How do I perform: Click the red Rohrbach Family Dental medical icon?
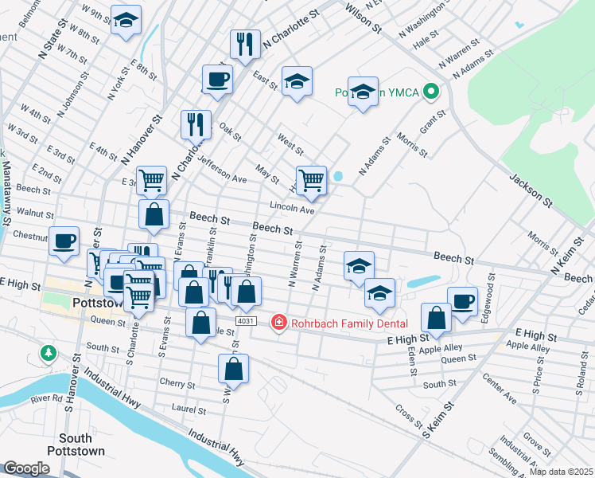pyautogui.click(x=278, y=323)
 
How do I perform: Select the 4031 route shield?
pyautogui.click(x=246, y=320)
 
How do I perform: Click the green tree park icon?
pyautogui.click(x=49, y=352)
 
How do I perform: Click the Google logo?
pyautogui.click(x=26, y=468)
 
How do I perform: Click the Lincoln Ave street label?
pyautogui.click(x=292, y=210)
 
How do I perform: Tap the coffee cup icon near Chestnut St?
pyautogui.click(x=64, y=240)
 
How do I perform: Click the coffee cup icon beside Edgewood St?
pyautogui.click(x=462, y=300)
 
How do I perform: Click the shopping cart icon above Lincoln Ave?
pyautogui.click(x=311, y=179)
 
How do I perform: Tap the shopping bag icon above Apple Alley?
pyautogui.click(x=437, y=317)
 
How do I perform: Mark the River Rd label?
pyautogui.click(x=47, y=398)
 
